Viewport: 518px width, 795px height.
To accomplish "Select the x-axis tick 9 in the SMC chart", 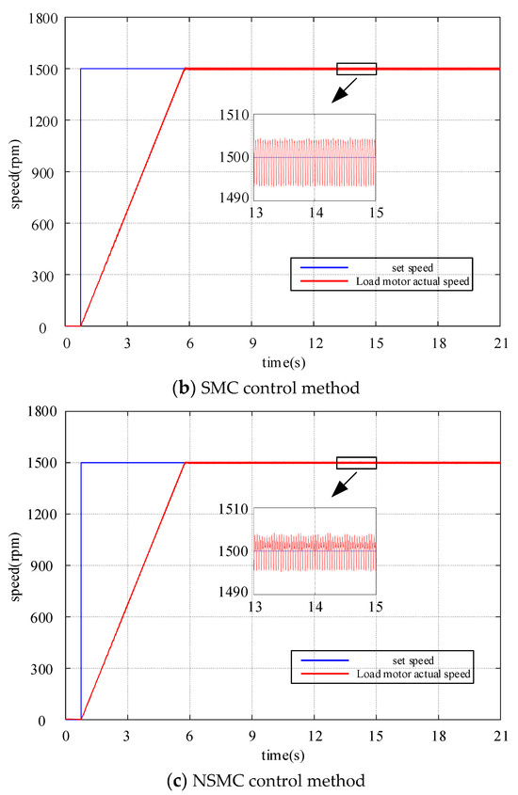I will click(251, 342).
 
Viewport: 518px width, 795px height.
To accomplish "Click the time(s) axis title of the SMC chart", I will click(282, 359).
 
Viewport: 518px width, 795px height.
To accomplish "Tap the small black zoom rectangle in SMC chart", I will click(356, 69).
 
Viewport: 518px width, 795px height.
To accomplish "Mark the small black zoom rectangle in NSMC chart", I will click(356, 462).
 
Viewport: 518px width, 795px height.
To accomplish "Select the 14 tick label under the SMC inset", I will click(316, 213).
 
